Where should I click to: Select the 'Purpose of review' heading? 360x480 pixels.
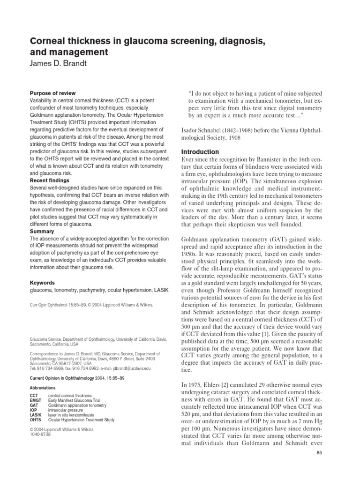(52, 93)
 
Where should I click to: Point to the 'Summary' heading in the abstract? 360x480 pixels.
(42, 232)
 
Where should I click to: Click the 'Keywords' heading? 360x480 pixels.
(43, 283)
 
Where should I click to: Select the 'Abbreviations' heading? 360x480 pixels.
(43, 388)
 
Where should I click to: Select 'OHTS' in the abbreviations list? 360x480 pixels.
(37, 420)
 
